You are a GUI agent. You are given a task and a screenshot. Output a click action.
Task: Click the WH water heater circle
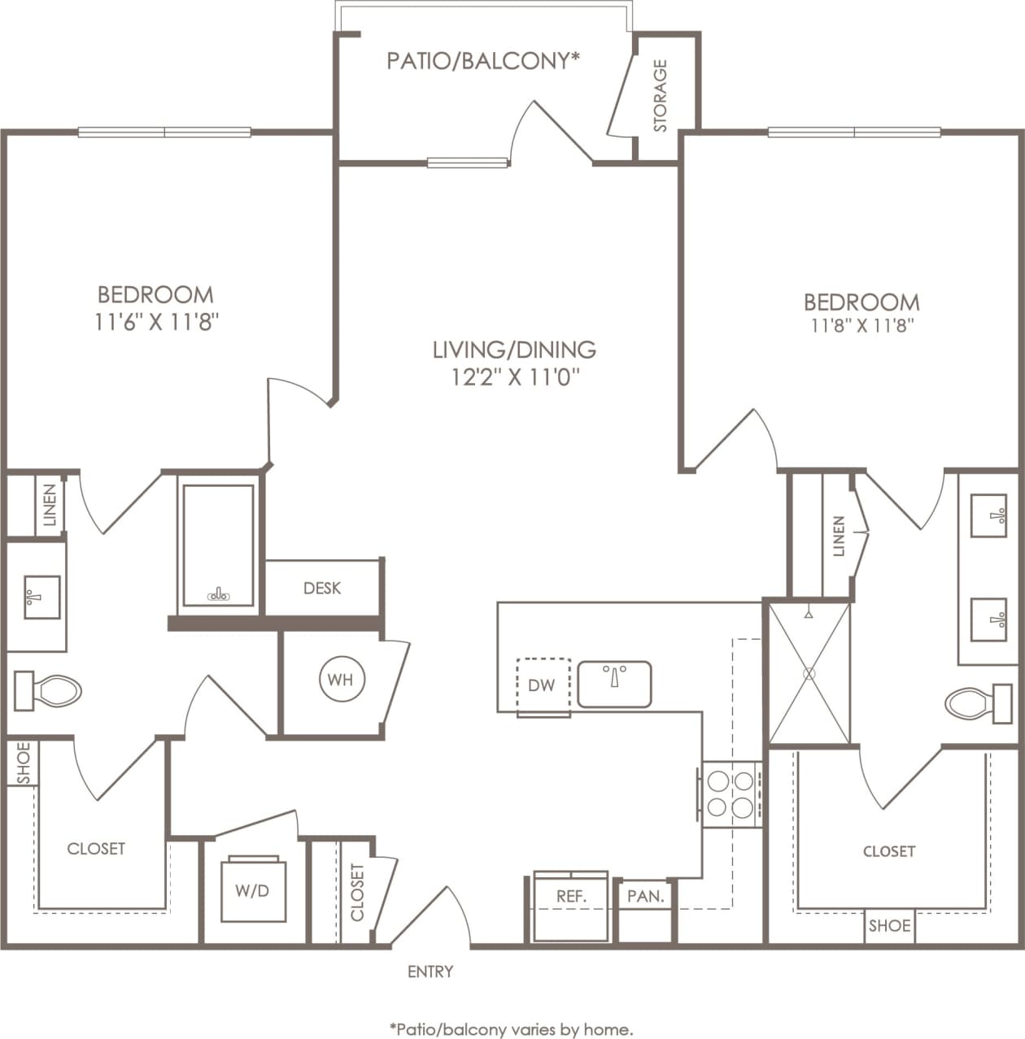tap(341, 679)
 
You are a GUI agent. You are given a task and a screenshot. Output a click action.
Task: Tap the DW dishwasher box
tap(543, 685)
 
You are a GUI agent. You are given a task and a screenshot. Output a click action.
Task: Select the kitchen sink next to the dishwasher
tap(614, 684)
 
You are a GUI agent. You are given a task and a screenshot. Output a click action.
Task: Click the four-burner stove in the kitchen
tap(731, 794)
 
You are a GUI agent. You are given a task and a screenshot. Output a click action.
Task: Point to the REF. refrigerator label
tap(571, 897)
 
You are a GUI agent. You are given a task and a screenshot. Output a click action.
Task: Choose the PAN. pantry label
tap(646, 897)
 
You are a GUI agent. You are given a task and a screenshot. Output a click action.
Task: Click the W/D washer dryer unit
tap(252, 889)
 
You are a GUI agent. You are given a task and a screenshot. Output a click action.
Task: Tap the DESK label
tap(322, 588)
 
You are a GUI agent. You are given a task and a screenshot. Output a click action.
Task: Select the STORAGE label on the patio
tap(661, 96)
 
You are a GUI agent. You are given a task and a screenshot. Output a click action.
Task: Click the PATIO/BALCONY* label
tap(483, 61)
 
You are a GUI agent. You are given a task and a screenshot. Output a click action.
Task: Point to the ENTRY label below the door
tap(430, 972)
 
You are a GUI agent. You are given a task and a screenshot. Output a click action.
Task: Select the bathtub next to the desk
tap(218, 545)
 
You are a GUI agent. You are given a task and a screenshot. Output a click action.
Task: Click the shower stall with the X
tap(809, 673)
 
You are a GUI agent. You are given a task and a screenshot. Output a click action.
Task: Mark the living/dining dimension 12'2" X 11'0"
tap(513, 377)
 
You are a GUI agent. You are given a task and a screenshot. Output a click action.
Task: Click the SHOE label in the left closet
tap(23, 764)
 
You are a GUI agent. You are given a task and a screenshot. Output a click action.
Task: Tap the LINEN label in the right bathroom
tap(839, 537)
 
